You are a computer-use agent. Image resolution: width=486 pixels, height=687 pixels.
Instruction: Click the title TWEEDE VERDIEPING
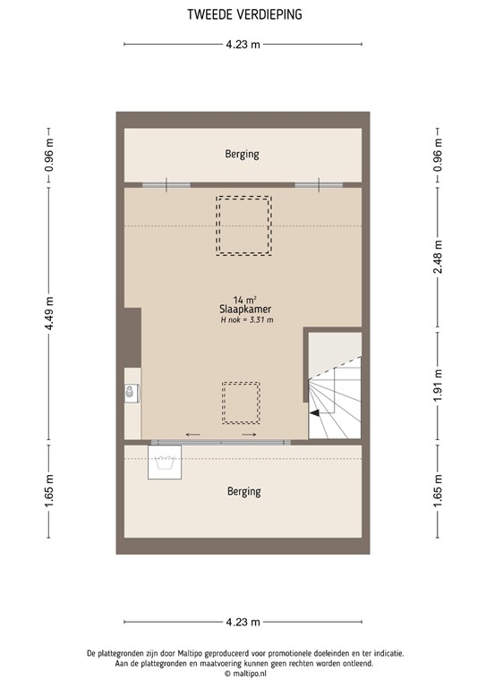[x=243, y=14]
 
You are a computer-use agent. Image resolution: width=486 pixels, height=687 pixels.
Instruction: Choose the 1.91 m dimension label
[x=438, y=386]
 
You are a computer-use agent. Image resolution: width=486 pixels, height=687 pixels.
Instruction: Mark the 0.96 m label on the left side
[x=50, y=154]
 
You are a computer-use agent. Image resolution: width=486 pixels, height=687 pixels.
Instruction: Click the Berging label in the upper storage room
[x=242, y=154]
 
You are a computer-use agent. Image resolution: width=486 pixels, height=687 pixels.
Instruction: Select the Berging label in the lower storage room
[x=243, y=491]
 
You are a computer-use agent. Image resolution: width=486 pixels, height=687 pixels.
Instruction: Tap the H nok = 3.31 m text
[x=245, y=320]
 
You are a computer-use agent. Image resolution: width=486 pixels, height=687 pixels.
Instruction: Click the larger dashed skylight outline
[x=243, y=225]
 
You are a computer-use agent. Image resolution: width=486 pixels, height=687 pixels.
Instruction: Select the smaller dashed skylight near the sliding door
[x=241, y=403]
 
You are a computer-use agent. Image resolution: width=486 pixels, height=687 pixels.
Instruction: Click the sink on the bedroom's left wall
[x=132, y=391]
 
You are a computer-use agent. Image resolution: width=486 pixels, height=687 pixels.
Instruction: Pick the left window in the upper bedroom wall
[x=166, y=185]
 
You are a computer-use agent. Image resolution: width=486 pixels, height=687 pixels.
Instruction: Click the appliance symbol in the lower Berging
[x=164, y=462]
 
